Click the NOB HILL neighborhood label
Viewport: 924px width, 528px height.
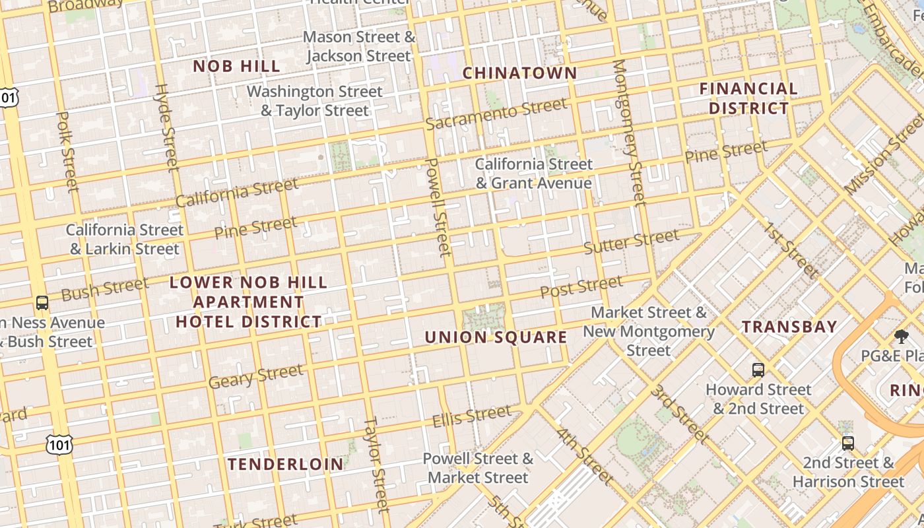click(236, 66)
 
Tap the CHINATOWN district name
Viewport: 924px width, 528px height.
click(519, 73)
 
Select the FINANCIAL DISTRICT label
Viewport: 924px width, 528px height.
click(748, 98)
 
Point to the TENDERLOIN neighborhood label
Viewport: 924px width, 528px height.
click(286, 464)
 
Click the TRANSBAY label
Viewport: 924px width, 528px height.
click(789, 327)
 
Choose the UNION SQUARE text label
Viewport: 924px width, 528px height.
click(496, 338)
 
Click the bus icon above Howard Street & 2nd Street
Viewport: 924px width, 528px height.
click(758, 370)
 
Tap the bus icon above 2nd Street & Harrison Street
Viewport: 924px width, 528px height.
click(848, 443)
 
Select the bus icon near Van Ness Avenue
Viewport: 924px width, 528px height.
click(42, 303)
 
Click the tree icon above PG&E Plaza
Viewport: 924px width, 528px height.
click(901, 337)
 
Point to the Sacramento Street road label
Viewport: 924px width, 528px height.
click(496, 114)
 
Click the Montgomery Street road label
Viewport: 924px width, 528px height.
click(628, 132)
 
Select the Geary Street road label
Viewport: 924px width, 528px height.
click(256, 376)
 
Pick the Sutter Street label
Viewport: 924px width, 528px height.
click(631, 242)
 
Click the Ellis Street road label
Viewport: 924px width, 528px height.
click(471, 416)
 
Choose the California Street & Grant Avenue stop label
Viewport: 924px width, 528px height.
click(533, 174)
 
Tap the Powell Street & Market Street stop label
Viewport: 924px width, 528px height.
click(478, 468)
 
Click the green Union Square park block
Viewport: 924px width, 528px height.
click(484, 317)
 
